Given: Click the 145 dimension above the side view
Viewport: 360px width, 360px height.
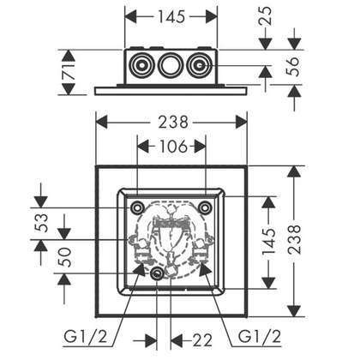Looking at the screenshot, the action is [171, 17].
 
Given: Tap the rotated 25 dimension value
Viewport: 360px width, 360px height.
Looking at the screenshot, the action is [267, 16].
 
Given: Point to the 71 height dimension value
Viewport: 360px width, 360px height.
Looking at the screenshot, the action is [69, 71].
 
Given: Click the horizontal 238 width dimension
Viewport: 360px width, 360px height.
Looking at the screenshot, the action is [173, 122].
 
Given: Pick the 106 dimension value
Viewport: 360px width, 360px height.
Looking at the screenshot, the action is [173, 147].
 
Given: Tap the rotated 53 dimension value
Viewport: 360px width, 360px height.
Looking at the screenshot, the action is [42, 223].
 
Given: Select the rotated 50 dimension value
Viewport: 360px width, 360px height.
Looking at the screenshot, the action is [65, 257].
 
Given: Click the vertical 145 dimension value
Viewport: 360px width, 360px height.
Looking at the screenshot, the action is [268, 241].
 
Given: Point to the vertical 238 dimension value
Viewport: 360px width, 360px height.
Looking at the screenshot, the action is [295, 239].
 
